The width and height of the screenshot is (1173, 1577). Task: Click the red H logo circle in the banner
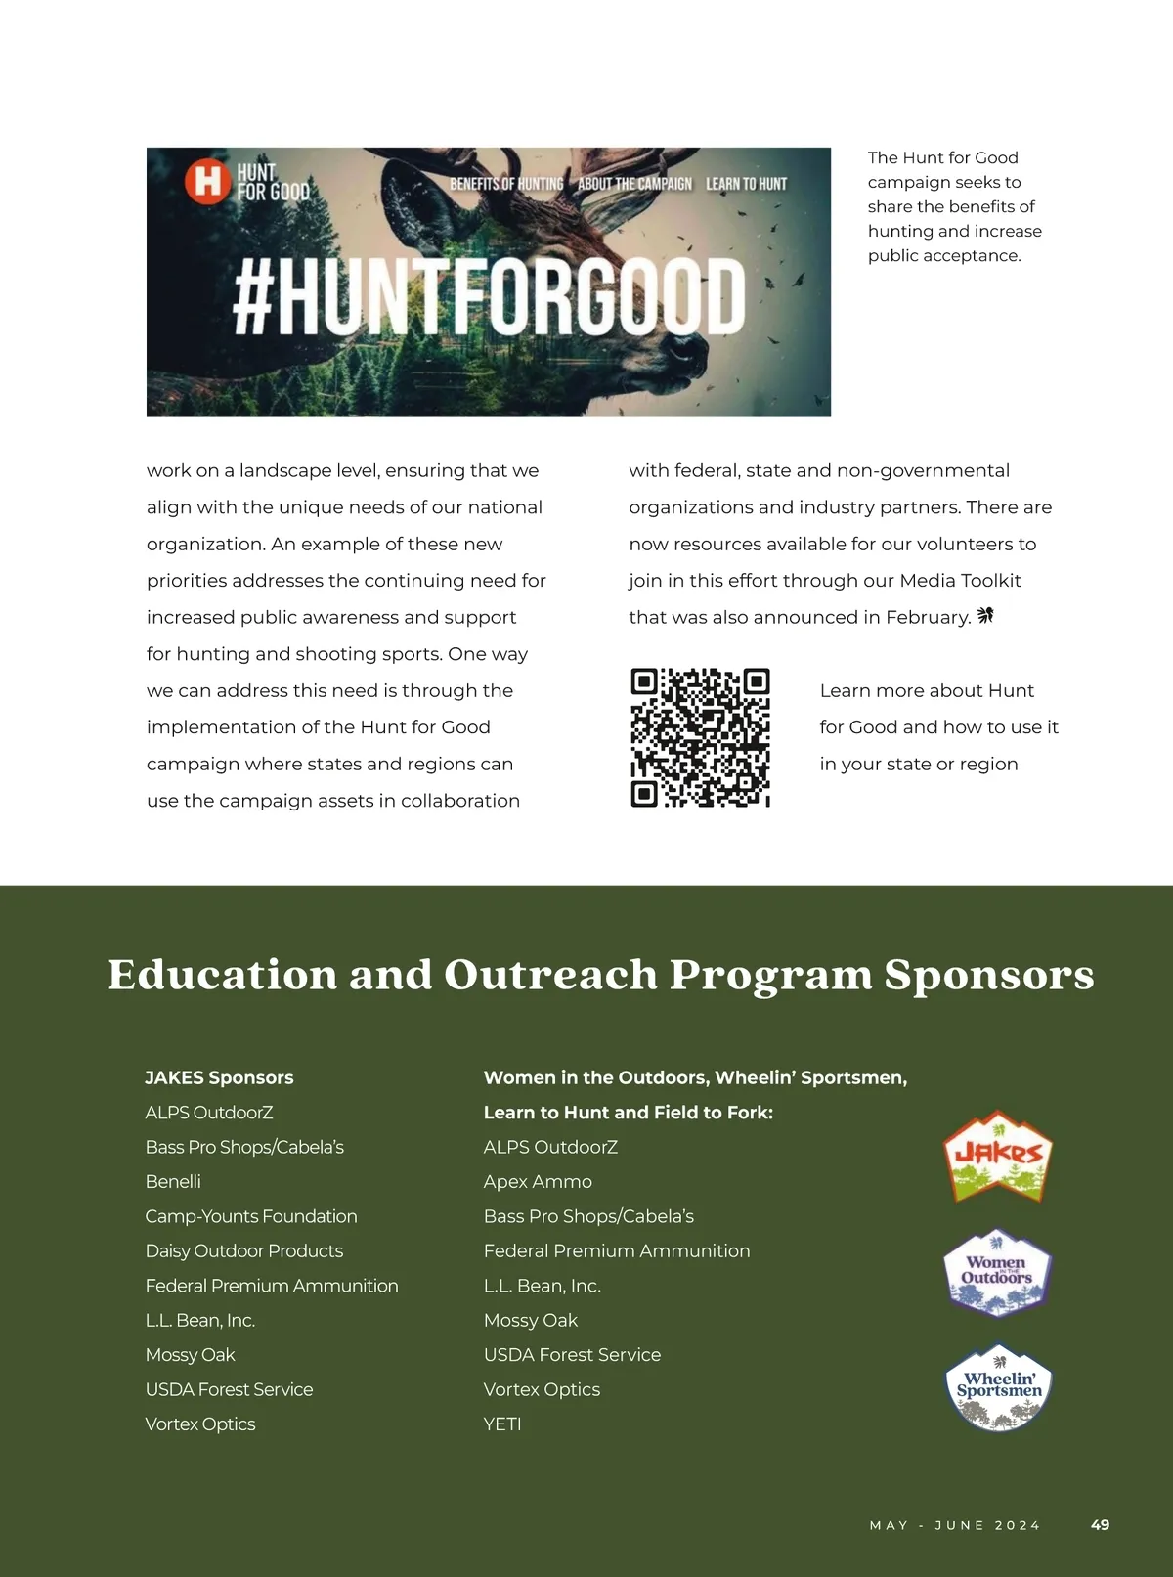tap(207, 181)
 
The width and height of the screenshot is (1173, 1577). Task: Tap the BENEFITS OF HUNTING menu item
tap(506, 184)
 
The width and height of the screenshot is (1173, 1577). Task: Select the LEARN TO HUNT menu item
tap(746, 184)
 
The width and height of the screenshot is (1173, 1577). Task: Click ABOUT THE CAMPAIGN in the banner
tap(634, 184)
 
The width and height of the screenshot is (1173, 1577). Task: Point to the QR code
tap(700, 738)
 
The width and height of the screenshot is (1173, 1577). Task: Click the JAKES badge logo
tap(997, 1157)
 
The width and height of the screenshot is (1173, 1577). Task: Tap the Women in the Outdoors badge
tap(997, 1272)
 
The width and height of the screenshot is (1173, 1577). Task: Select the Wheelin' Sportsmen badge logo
tap(998, 1387)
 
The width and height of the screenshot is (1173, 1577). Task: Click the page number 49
tap(1100, 1524)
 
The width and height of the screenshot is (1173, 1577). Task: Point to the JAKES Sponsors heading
tap(219, 1077)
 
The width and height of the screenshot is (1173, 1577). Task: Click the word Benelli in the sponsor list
tap(173, 1181)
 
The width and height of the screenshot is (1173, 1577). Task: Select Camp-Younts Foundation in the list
tap(251, 1216)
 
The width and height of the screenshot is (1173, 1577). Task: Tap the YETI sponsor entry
tap(502, 1424)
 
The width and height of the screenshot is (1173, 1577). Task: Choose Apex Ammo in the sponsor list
tap(538, 1181)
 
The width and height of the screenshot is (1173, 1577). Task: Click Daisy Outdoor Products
tap(244, 1250)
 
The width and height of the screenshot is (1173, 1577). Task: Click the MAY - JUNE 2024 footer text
tap(955, 1525)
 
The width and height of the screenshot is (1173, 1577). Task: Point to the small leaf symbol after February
tap(985, 615)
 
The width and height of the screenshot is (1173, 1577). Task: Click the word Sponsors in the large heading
tap(989, 975)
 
